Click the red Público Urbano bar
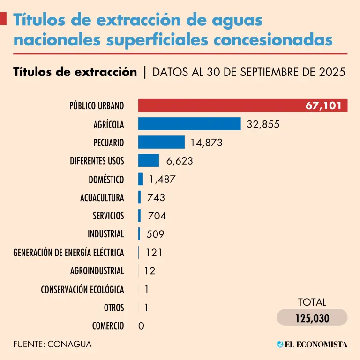(220, 105)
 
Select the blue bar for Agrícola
(189, 124)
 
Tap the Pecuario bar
(161, 142)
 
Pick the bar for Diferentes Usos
(148, 160)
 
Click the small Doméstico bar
(141, 179)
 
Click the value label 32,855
(263, 124)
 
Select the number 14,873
(206, 142)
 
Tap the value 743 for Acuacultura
(156, 197)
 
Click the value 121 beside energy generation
(154, 253)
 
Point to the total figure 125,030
(312, 318)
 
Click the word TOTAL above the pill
(312, 302)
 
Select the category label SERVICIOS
(108, 216)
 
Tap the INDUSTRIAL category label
(106, 234)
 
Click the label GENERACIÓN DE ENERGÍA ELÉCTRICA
(68, 253)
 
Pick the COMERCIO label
(108, 326)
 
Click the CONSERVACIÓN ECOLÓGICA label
(82, 289)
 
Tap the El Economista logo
(312, 345)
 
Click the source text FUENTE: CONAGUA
(52, 344)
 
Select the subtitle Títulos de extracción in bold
(75, 72)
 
